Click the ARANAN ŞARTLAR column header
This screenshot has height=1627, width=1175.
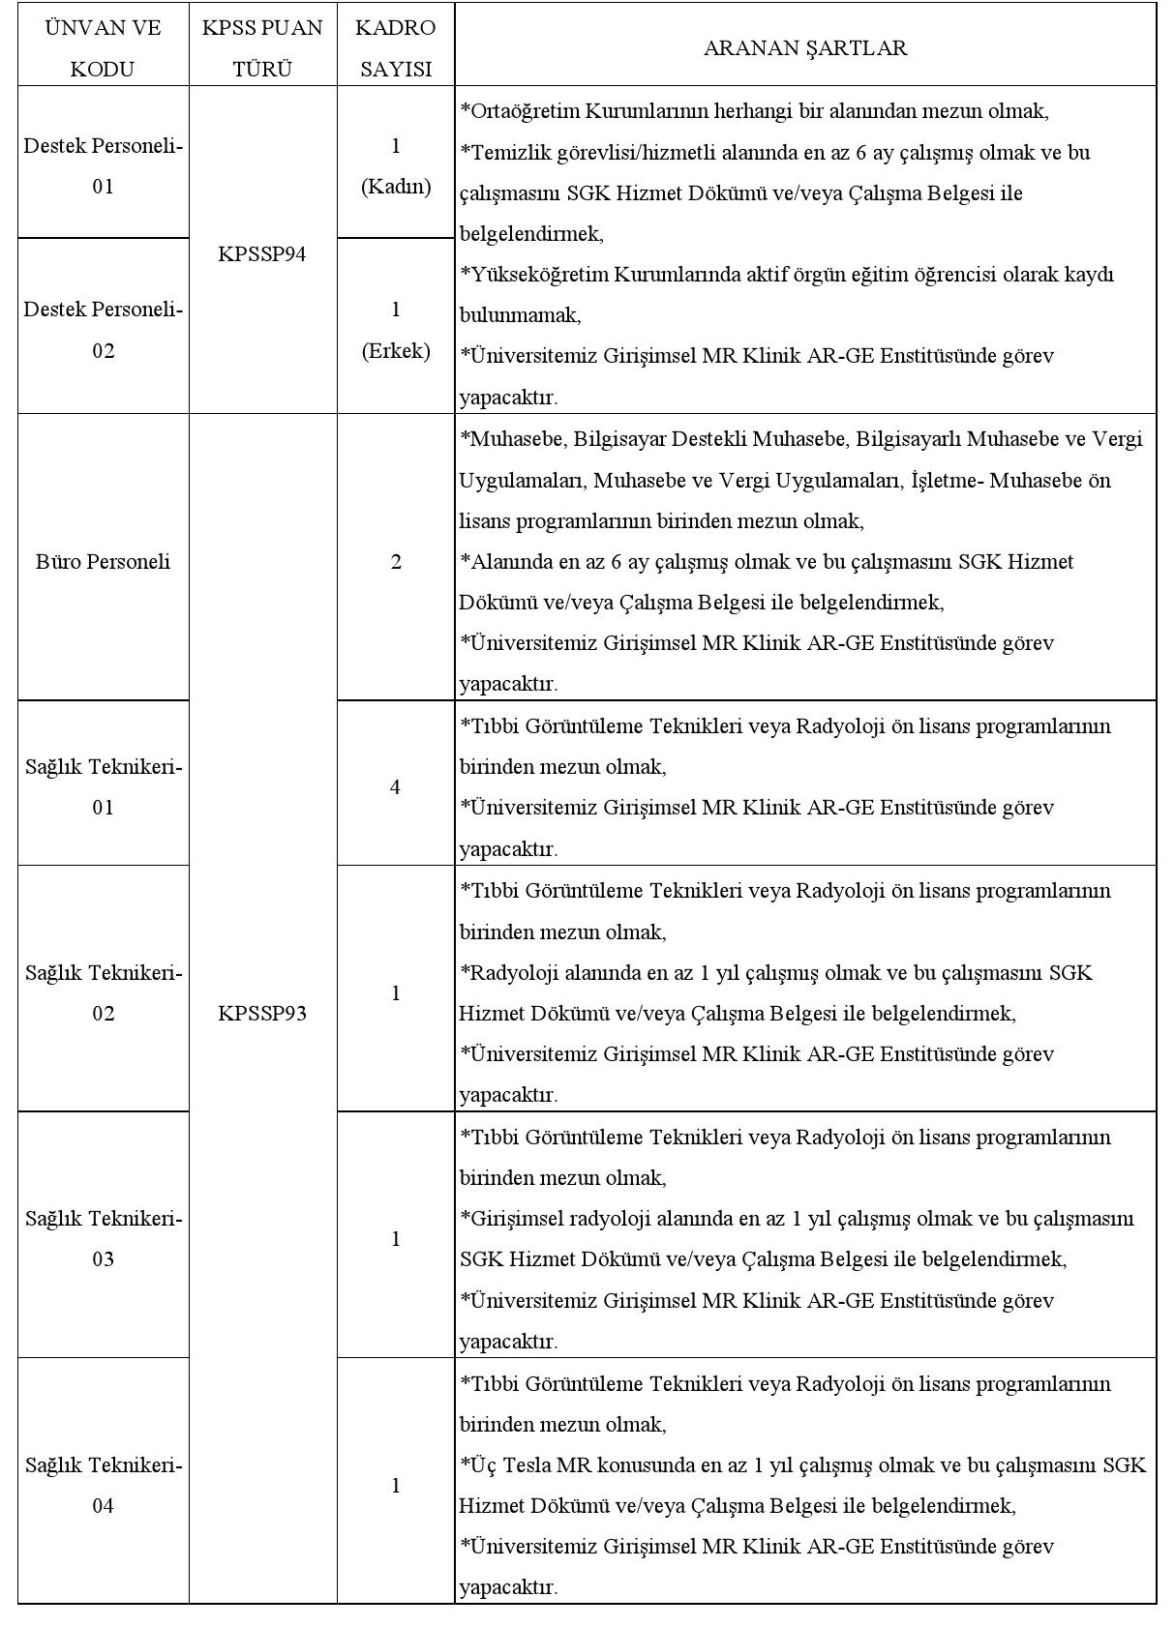click(x=804, y=48)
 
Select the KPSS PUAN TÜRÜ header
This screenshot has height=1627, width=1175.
click(x=262, y=48)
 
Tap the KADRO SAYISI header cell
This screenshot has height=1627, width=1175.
click(x=395, y=48)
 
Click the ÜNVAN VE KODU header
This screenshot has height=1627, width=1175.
click(x=103, y=48)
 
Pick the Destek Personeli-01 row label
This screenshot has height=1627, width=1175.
click(x=103, y=166)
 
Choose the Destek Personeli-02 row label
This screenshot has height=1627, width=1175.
click(x=103, y=330)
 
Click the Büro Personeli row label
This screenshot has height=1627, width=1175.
click(x=103, y=562)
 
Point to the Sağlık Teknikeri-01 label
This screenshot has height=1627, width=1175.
click(x=103, y=786)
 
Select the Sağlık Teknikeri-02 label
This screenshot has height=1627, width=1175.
click(x=103, y=992)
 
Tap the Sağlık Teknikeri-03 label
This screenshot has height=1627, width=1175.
click(x=103, y=1238)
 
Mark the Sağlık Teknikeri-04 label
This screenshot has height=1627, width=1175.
click(x=103, y=1485)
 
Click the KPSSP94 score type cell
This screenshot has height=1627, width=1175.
click(x=262, y=254)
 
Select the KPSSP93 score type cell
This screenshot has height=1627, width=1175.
click(x=262, y=1013)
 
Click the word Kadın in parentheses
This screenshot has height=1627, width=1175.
click(x=396, y=188)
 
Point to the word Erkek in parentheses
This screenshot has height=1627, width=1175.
click(x=396, y=351)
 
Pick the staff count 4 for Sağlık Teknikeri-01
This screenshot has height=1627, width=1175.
click(x=395, y=787)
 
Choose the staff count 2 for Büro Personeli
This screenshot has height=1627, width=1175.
click(x=395, y=562)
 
